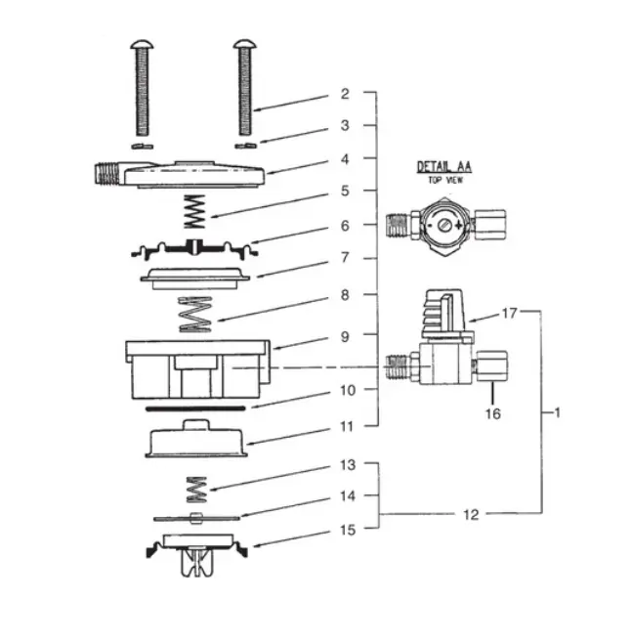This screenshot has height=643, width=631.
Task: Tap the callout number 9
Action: click(x=345, y=334)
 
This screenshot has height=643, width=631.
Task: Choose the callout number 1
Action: click(x=557, y=412)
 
